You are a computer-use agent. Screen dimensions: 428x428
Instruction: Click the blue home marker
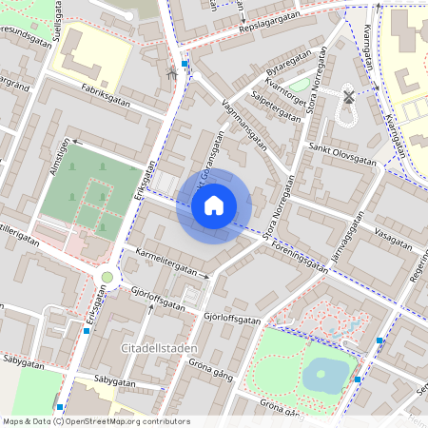pos(214,205)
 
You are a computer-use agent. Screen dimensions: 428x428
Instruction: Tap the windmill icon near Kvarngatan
pos(348,96)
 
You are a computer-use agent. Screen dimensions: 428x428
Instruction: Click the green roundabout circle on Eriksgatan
pos(107,278)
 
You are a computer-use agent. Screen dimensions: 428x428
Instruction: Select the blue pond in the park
pos(324,375)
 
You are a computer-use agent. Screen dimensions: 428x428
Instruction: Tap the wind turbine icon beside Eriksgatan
pos(171,72)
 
